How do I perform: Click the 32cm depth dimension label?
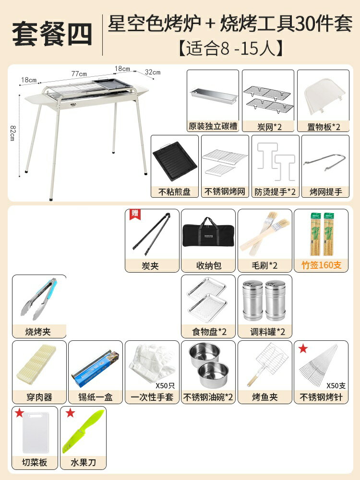click(x=152, y=72)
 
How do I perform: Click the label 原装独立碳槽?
click(x=213, y=126)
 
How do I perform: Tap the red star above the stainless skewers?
click(x=303, y=348)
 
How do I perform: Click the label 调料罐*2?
click(x=264, y=331)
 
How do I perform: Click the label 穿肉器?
click(x=39, y=397)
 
